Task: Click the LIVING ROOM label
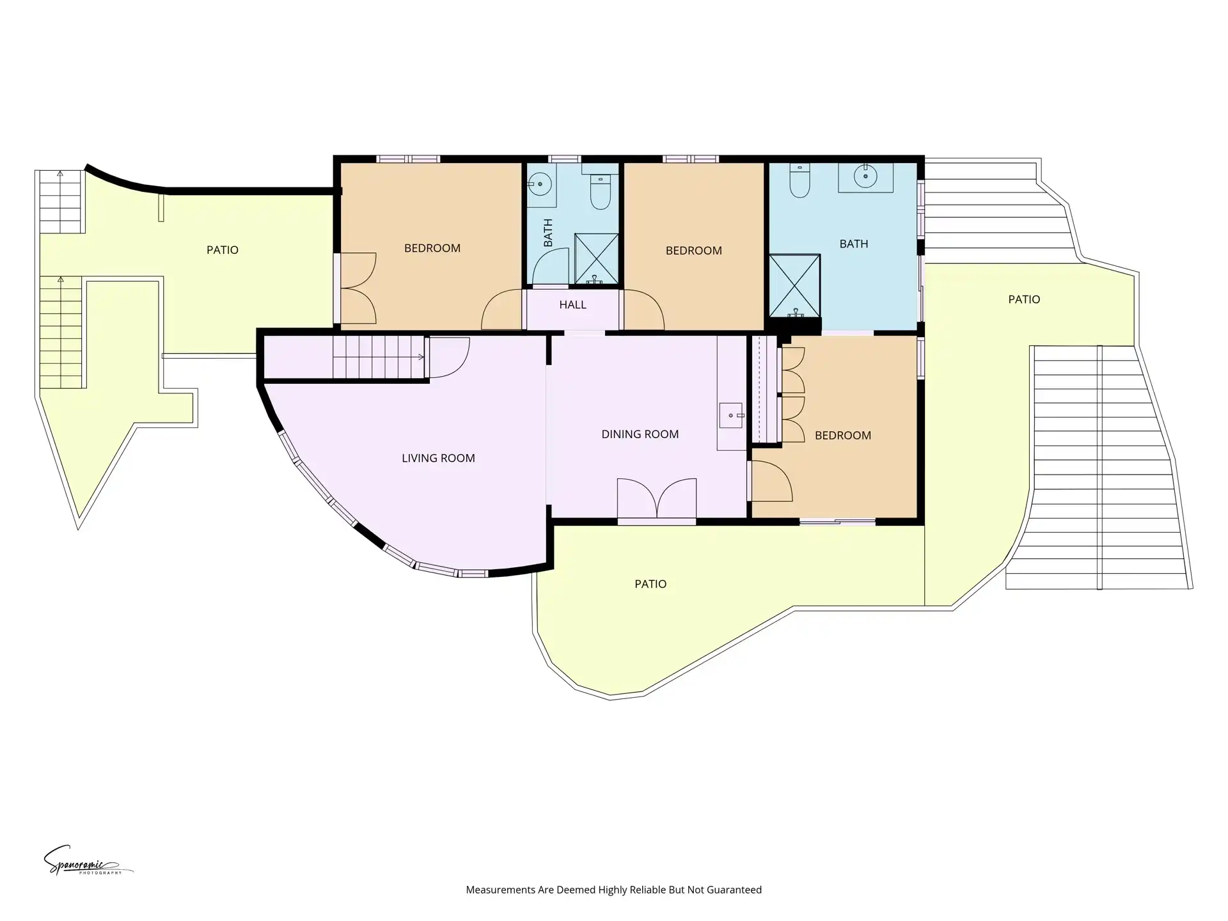click(x=438, y=458)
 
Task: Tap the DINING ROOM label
click(x=640, y=434)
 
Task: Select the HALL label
click(x=572, y=304)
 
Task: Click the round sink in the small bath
click(x=540, y=184)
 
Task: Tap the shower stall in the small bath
click(x=597, y=259)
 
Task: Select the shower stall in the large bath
click(x=794, y=285)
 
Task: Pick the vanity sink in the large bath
click(x=866, y=176)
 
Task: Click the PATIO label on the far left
click(x=223, y=250)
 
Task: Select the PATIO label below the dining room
click(x=650, y=584)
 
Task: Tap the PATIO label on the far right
click(x=1024, y=299)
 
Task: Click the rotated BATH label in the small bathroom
click(x=548, y=233)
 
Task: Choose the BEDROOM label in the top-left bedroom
click(x=432, y=248)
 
